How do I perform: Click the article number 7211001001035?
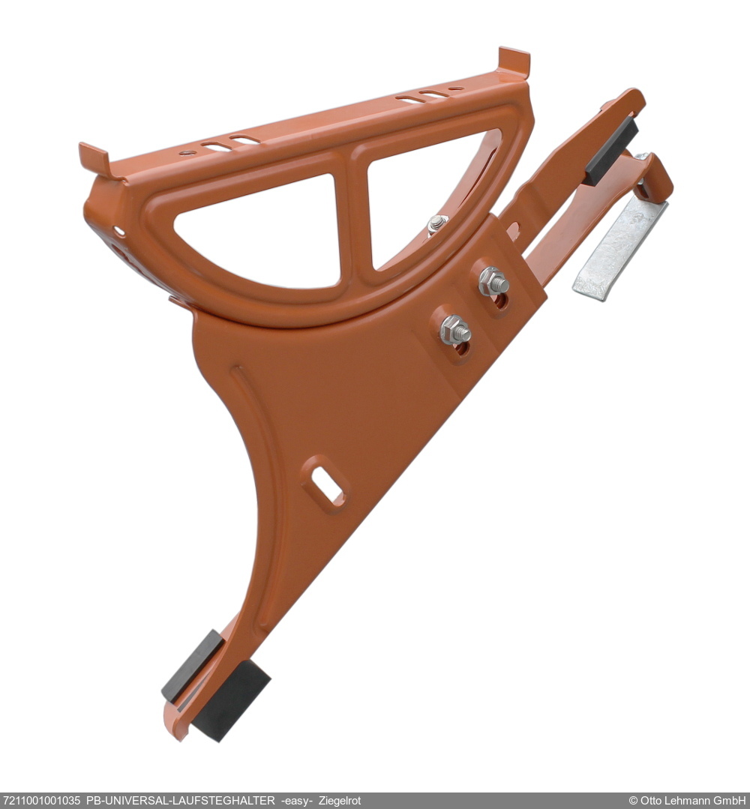tap(42, 801)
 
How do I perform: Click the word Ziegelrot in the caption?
tap(340, 801)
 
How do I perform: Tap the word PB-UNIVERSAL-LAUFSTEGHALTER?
tap(180, 801)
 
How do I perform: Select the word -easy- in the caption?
tap(297, 802)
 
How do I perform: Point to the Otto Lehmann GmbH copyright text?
tap(688, 801)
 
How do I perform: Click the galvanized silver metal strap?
tap(619, 248)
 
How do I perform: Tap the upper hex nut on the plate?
tap(493, 282)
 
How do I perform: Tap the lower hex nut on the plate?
tap(454, 330)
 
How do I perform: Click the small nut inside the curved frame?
tap(436, 223)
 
